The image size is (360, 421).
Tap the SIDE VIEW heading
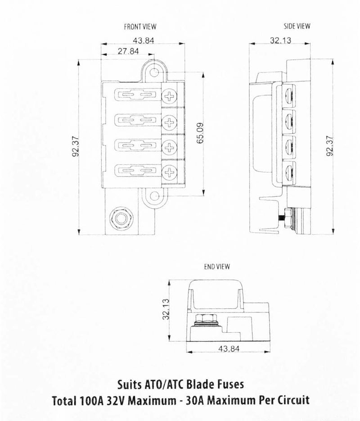coord(297,26)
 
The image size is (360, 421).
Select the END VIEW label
coord(217,267)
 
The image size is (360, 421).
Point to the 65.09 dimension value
coord(201,134)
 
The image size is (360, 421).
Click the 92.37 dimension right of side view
coord(330,147)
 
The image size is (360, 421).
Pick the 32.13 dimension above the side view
coord(280,41)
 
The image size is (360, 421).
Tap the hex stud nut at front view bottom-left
coord(120,217)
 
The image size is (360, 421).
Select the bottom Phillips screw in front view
coord(171,171)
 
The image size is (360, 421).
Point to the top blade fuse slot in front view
coord(135,95)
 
